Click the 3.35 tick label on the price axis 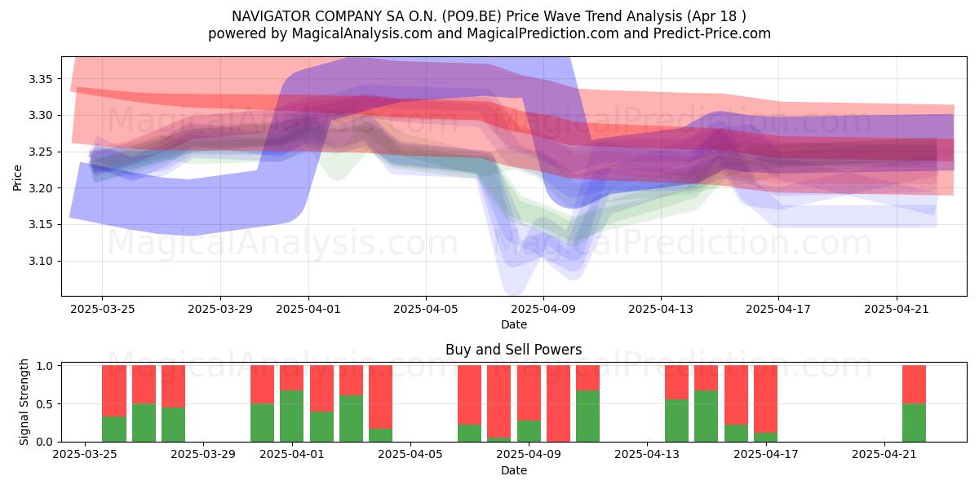click(40, 79)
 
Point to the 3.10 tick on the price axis click(40, 261)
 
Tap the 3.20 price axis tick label click(40, 188)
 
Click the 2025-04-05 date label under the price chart click(426, 309)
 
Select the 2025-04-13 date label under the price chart click(661, 309)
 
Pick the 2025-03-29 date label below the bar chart click(203, 454)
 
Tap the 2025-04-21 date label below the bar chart click(884, 454)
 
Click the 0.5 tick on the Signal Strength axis click(45, 404)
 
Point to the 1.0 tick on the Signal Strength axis click(45, 366)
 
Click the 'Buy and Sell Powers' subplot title click(513, 350)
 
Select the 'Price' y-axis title click(17, 178)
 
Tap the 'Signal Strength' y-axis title click(24, 402)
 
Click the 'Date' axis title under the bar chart click(513, 470)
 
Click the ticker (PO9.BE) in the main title click(472, 16)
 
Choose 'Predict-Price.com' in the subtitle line click(712, 33)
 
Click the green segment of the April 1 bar click(291, 416)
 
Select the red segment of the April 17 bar click(765, 399)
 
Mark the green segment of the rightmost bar click(914, 423)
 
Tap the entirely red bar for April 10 click(558, 403)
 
